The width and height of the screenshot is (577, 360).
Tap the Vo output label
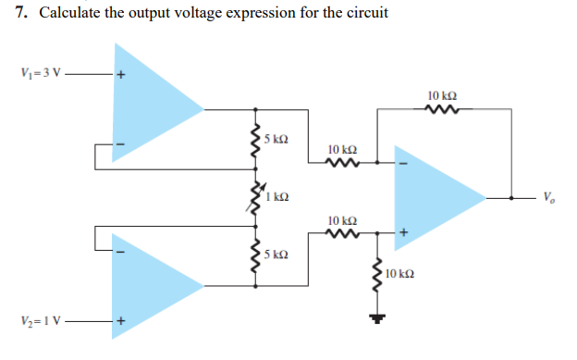tap(551, 196)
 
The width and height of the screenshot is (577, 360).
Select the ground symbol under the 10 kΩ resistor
tap(377, 320)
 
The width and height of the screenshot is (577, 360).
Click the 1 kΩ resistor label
tap(278, 196)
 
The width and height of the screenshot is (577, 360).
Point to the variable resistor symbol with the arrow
tap(253, 196)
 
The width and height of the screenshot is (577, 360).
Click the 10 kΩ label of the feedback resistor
tap(442, 95)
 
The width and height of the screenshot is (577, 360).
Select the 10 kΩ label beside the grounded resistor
tap(399, 275)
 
